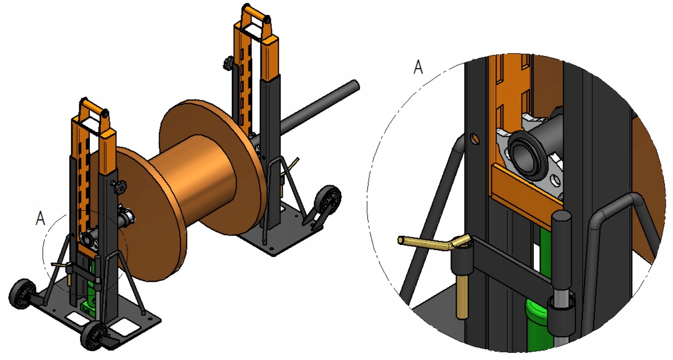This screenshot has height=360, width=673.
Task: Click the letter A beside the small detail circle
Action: click(40, 218)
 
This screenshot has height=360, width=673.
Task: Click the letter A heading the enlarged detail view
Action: click(418, 67)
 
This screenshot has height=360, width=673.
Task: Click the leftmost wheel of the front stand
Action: click(21, 293)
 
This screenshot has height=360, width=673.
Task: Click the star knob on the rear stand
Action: click(228, 63)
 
